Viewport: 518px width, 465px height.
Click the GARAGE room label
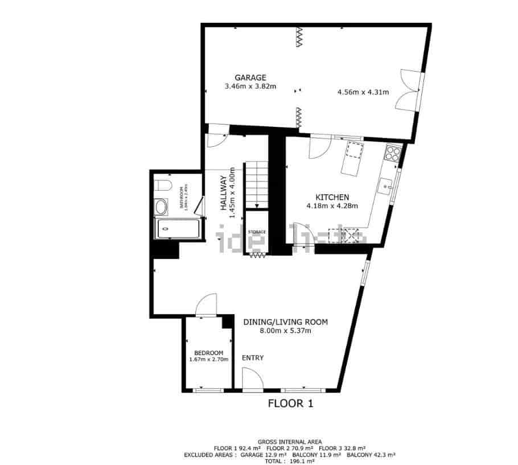tap(250, 78)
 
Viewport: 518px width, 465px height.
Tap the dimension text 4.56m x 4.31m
tap(363, 92)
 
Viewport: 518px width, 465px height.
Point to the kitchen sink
tap(387, 186)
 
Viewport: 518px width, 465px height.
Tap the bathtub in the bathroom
tap(177, 229)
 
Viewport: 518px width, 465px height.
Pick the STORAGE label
tap(257, 232)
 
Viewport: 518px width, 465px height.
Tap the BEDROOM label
tap(208, 353)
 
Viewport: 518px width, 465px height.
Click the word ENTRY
tap(253, 358)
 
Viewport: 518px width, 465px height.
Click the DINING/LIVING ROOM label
tap(285, 322)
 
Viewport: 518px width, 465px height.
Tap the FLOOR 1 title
tap(290, 404)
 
